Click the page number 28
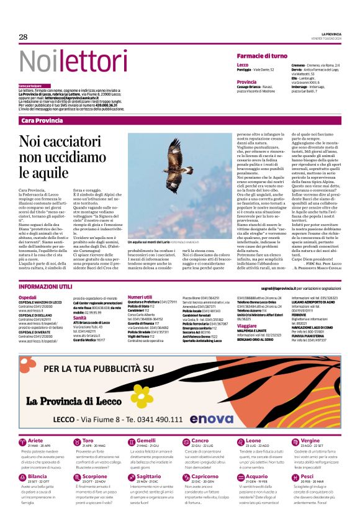(x=23, y=37)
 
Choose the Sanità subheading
(x=80, y=317)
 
